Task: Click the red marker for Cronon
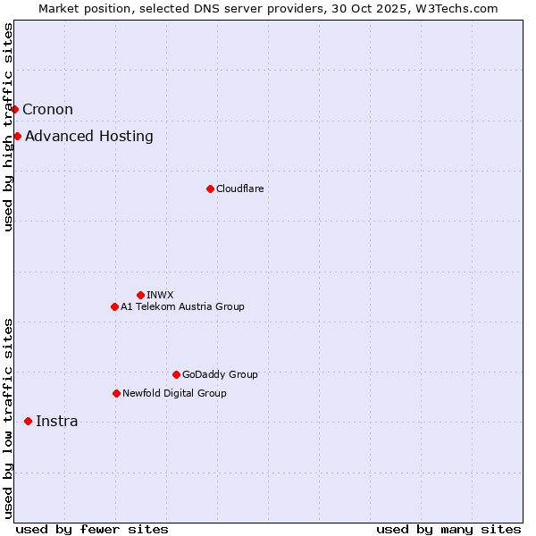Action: (15, 110)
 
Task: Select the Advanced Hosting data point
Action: (18, 137)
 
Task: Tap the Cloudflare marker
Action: (210, 188)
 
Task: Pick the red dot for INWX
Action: (140, 295)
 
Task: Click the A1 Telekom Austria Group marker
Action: (114, 306)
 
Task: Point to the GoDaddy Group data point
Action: (176, 374)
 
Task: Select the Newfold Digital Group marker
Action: (116, 393)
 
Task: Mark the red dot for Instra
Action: (29, 421)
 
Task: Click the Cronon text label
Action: (47, 110)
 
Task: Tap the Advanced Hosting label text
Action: (89, 137)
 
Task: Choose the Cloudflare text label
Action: (239, 188)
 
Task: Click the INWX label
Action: (160, 295)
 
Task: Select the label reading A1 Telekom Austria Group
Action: (182, 306)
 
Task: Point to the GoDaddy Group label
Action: (220, 374)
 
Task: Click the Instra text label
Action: (56, 422)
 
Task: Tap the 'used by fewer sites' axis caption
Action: (92, 529)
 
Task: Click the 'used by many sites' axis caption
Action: (448, 529)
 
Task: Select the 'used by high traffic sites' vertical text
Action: (9, 127)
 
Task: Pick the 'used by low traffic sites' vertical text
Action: (9, 418)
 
